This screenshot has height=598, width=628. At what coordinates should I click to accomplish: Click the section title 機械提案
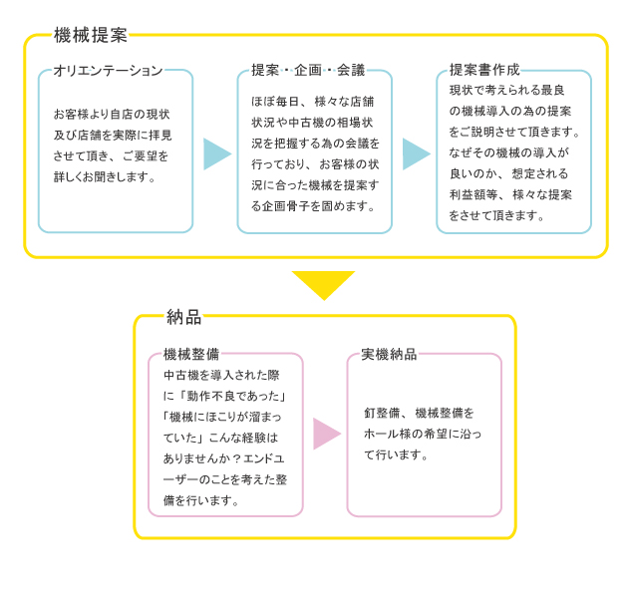tap(91, 35)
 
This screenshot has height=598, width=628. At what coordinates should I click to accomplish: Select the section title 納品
tap(183, 317)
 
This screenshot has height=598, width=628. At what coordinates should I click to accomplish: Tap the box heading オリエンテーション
tap(108, 71)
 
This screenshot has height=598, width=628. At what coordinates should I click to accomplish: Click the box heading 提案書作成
tap(484, 70)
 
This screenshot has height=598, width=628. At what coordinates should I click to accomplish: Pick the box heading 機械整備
tap(191, 354)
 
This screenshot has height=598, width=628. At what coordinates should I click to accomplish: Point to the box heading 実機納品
tap(389, 354)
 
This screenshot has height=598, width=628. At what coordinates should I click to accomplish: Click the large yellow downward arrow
tap(324, 285)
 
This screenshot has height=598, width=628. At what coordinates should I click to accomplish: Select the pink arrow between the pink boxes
tap(327, 434)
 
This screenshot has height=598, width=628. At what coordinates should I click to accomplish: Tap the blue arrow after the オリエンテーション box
tap(217, 153)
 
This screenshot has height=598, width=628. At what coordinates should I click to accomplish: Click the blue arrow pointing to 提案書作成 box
tap(417, 153)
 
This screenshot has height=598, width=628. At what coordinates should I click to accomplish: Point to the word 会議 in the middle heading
tap(351, 70)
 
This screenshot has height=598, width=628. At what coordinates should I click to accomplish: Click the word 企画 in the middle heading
tap(308, 70)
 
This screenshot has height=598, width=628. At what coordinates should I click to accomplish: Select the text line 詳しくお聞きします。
tap(105, 176)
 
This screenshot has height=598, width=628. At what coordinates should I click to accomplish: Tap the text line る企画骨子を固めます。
tap(314, 206)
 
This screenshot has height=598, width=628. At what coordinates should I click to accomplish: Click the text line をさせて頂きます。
tap(496, 215)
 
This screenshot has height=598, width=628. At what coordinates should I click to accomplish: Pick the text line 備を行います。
tap(201, 500)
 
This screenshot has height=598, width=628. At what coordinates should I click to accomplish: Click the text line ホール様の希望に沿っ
tap(423, 434)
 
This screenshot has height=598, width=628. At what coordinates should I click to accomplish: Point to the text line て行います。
tap(396, 454)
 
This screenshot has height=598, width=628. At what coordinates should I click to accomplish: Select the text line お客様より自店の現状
tap(112, 115)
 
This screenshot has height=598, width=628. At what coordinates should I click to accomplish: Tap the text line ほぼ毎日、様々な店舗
tap(313, 102)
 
